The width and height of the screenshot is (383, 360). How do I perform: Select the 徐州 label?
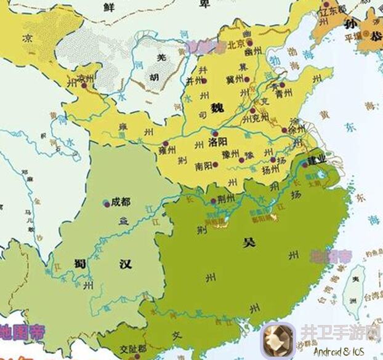297,130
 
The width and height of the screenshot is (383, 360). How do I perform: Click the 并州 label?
195,80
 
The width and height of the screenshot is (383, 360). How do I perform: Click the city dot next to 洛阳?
214,132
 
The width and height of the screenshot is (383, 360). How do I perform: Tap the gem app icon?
278,340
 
